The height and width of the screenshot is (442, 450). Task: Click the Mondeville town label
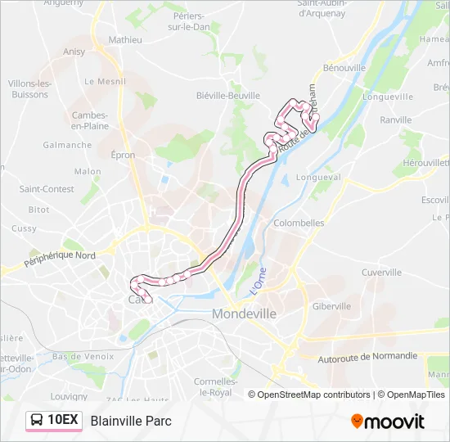[x=244, y=313]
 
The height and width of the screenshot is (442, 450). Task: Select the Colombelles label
[x=298, y=223]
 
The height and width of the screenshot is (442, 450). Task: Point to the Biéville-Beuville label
[x=227, y=95]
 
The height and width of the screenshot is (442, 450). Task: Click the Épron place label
[x=124, y=155]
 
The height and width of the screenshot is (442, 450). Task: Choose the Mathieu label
[x=125, y=39]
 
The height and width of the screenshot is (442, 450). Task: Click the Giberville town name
[x=331, y=306]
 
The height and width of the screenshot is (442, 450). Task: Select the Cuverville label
[x=381, y=273]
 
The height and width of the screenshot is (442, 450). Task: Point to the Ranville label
[x=396, y=120]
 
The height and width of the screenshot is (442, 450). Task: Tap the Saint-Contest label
[x=47, y=189]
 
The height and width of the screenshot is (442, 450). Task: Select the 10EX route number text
[x=63, y=421]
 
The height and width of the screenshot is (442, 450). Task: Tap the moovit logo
[x=388, y=422]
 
